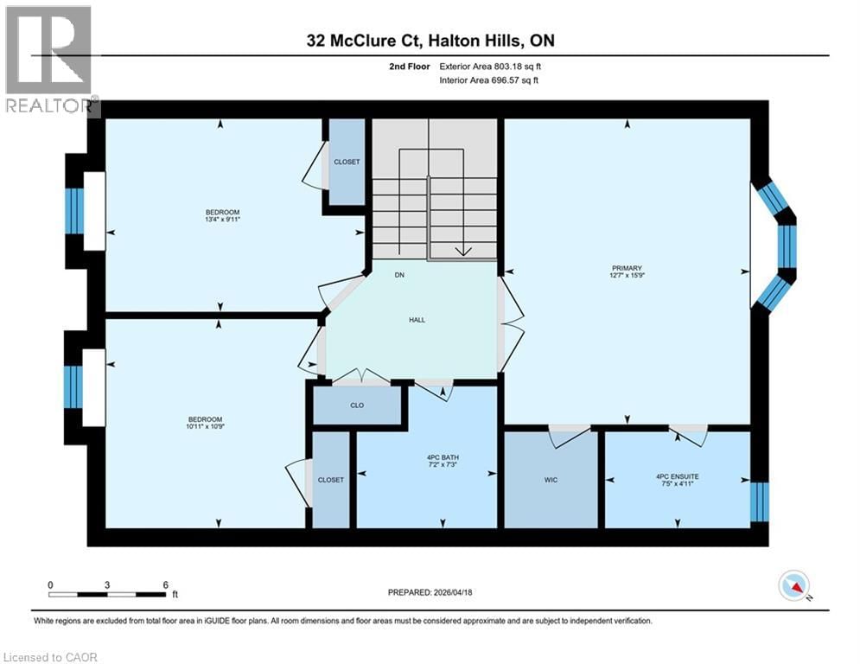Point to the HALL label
click(x=417, y=320)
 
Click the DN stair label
click(x=399, y=275)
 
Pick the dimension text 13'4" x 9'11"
click(x=222, y=220)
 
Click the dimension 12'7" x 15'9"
click(x=628, y=277)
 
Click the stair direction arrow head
click(x=463, y=252)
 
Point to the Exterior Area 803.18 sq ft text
click(x=490, y=65)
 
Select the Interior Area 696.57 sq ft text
click(x=490, y=80)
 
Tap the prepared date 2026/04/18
click(x=431, y=592)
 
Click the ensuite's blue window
click(x=758, y=501)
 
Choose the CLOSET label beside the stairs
click(x=347, y=162)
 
